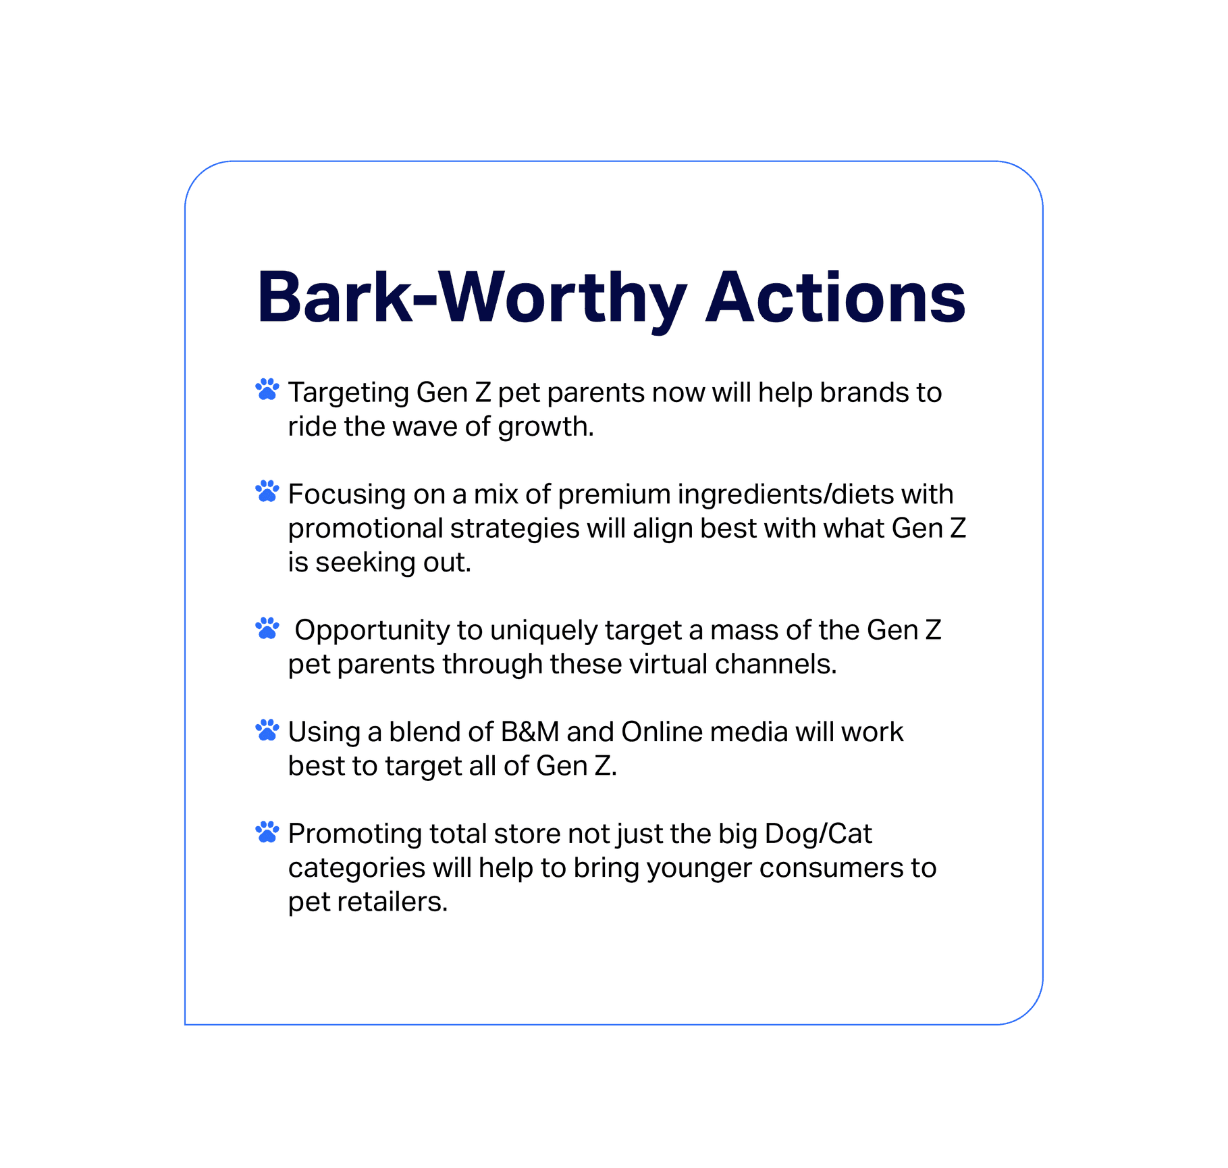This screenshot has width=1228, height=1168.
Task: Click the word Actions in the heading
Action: (836, 297)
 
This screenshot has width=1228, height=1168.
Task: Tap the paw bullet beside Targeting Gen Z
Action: (267, 389)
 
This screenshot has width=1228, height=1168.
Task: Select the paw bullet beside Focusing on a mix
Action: (267, 491)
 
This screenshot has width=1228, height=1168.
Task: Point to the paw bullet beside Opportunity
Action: (267, 628)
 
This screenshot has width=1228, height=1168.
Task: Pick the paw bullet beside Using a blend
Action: (267, 730)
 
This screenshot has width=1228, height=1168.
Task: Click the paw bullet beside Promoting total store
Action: (267, 832)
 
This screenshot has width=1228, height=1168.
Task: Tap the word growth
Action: (546, 427)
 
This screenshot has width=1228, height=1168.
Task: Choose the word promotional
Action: (366, 530)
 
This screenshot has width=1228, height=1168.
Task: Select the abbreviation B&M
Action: (530, 732)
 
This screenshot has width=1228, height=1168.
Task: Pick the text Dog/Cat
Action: (818, 835)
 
